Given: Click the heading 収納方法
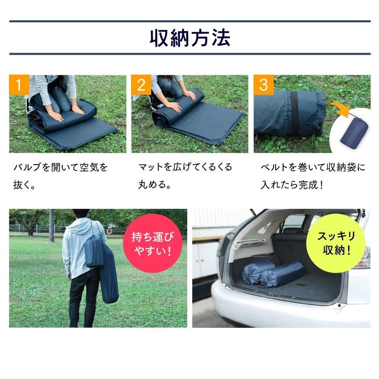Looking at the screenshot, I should point(190,38).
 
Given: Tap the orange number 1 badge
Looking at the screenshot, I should point(19,85).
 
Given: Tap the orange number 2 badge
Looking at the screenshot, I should point(141,85).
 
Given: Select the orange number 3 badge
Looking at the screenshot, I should point(264,85).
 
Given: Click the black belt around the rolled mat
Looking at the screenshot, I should point(294,113).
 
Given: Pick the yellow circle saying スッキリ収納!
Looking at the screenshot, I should point(336,243).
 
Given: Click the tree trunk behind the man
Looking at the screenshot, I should point(51,225).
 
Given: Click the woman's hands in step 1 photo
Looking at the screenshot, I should point(65,112).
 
